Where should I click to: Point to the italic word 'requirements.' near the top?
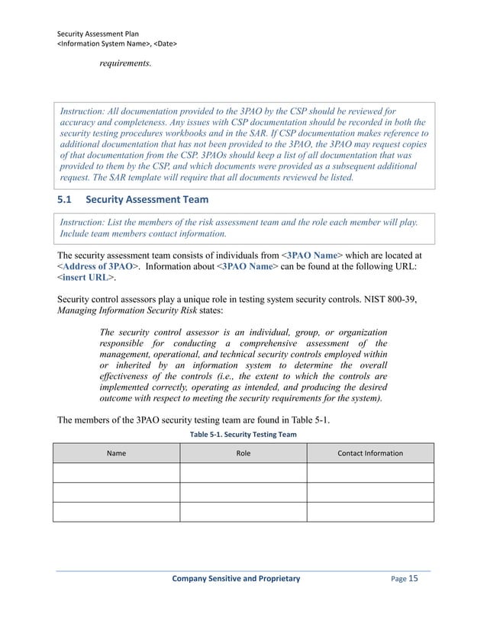click(125, 63)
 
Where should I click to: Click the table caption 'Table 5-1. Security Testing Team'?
click(243, 434)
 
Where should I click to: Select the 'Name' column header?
click(116, 453)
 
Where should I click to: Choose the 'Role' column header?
click(243, 453)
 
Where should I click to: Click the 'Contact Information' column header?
click(370, 453)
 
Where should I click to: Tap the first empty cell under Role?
click(243, 473)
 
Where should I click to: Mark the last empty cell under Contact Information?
click(370, 512)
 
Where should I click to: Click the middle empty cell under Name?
click(116, 492)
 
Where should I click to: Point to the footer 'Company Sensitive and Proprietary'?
click(237, 579)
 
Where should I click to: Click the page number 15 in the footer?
click(414, 578)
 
